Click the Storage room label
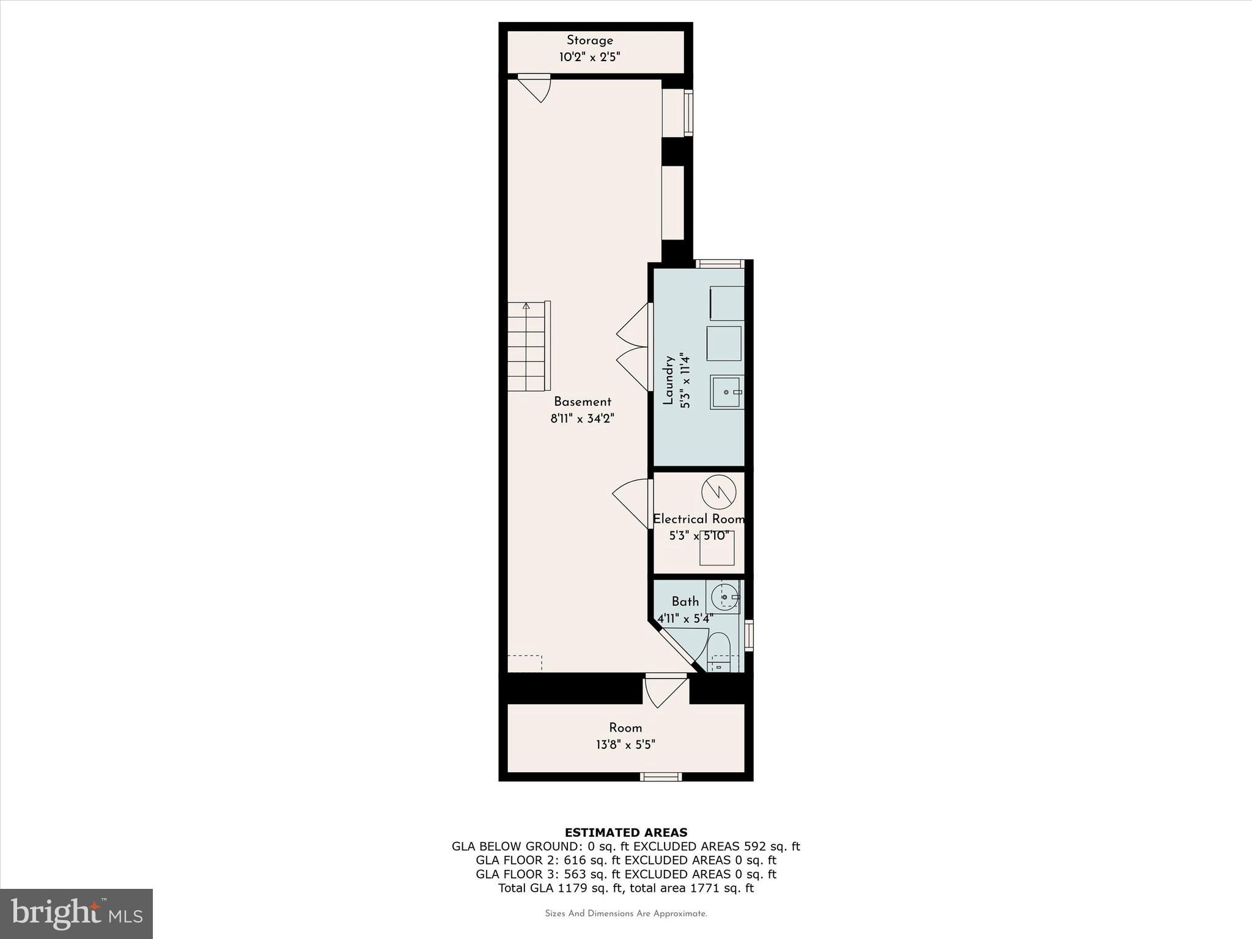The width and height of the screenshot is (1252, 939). tap(589, 40)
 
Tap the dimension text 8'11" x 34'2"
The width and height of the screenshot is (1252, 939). tap(582, 419)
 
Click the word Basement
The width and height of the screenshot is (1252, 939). tap(582, 402)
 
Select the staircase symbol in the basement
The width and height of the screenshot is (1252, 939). tap(528, 346)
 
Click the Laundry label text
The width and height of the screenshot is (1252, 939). tap(668, 381)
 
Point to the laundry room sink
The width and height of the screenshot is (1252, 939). tap(726, 392)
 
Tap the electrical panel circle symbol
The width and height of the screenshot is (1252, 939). tap(718, 492)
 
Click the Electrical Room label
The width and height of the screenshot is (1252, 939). tap(698, 519)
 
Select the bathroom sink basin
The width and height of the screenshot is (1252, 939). tap(725, 597)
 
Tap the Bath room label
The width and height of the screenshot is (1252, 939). tap(685, 601)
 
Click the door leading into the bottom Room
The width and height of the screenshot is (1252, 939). tap(665, 691)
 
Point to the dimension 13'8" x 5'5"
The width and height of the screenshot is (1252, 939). tap(625, 745)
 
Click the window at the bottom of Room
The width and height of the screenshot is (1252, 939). tap(660, 776)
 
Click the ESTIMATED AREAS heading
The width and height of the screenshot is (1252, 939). tap(625, 832)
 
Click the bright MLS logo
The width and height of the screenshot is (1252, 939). tap(76, 913)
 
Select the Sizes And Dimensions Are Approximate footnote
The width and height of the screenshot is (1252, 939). tap(625, 914)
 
